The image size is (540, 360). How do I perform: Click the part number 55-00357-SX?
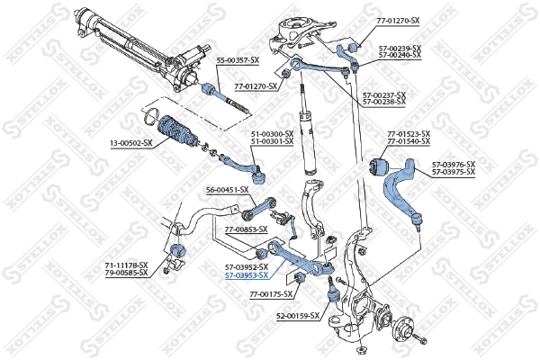click(x=238, y=59)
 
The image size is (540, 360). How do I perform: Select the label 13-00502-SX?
click(x=130, y=141)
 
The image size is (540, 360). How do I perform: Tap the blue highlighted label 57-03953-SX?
click(x=247, y=275)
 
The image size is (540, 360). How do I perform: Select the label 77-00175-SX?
click(x=272, y=294)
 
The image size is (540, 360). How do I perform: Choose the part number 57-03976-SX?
click(x=453, y=164)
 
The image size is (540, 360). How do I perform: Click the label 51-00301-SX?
click(x=272, y=141)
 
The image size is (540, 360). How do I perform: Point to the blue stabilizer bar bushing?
click(x=177, y=249)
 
